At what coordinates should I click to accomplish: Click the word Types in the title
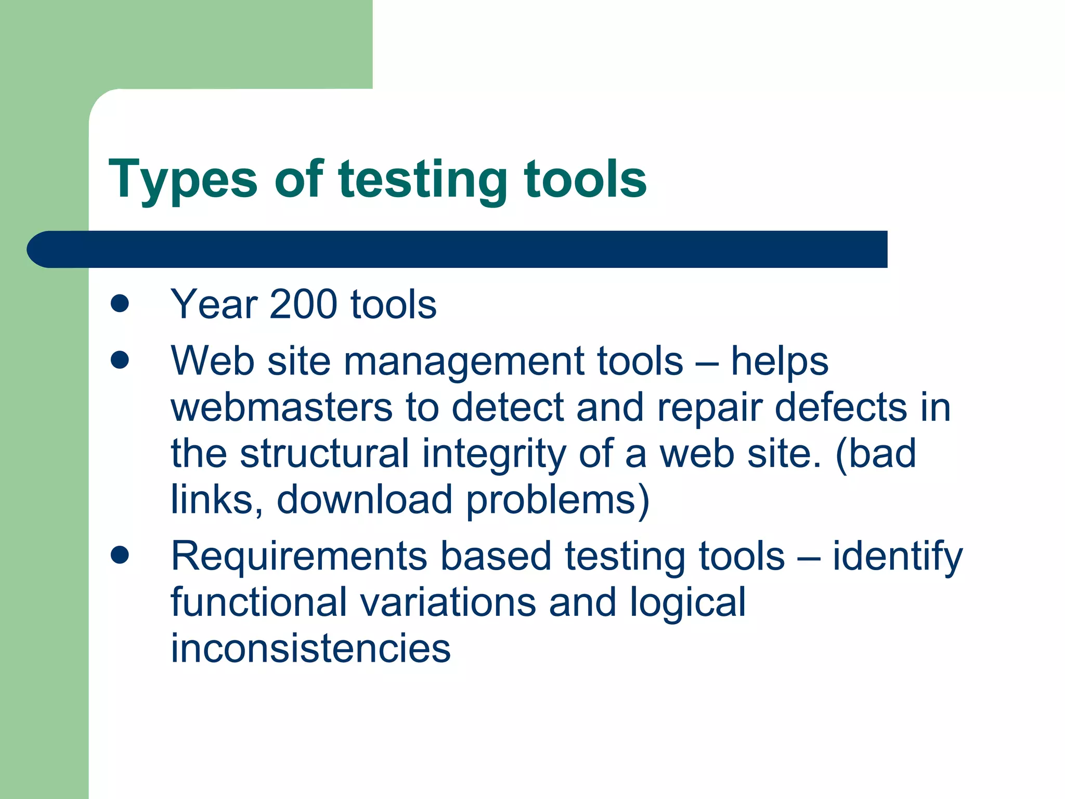pyautogui.click(x=183, y=179)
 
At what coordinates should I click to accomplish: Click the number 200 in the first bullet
pyautogui.click(x=303, y=304)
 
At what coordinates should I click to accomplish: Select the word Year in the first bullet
pyautogui.click(x=214, y=304)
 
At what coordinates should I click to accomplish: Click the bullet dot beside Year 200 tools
pyautogui.click(x=120, y=304)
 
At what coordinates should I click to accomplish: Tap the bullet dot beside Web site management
pyautogui.click(x=120, y=360)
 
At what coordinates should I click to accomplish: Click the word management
pyautogui.click(x=462, y=362)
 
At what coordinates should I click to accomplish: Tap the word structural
pyautogui.click(x=324, y=454)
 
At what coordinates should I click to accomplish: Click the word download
pyautogui.click(x=365, y=499)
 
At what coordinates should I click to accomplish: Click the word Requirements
pyautogui.click(x=299, y=556)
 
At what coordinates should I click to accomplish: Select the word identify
pyautogui.click(x=898, y=557)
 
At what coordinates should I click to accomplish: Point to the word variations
pyautogui.click(x=448, y=602)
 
